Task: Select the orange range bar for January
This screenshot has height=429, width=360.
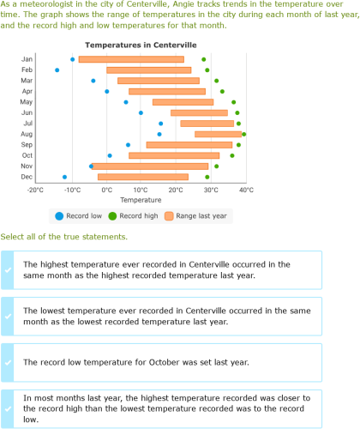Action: point(130,59)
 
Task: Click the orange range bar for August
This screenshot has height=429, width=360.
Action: point(218,134)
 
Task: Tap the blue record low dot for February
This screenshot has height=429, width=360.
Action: point(57,70)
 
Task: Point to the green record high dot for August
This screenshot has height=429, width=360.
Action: point(243,134)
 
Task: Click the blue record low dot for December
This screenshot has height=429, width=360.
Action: point(64,177)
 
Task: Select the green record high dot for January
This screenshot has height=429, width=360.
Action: point(204,59)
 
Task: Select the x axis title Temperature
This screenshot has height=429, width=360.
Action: point(141,201)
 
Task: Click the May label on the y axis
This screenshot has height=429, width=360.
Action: point(27,102)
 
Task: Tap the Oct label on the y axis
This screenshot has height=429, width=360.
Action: point(27,155)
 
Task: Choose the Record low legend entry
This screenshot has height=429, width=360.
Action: point(80,217)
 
